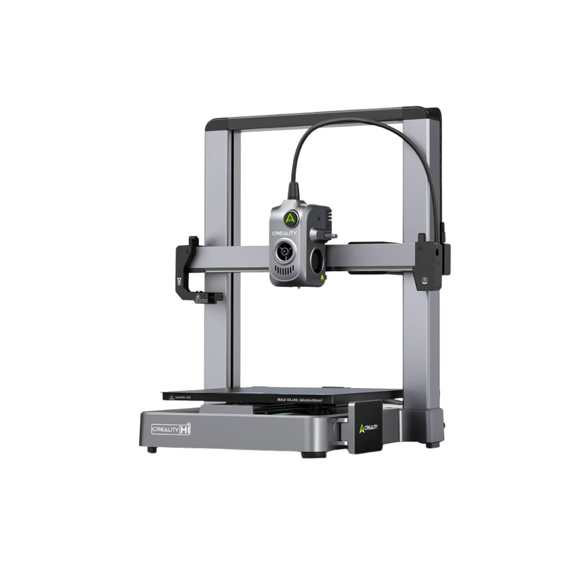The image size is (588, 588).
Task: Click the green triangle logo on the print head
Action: point(290,218)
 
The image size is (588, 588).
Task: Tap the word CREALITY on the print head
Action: point(284,232)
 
